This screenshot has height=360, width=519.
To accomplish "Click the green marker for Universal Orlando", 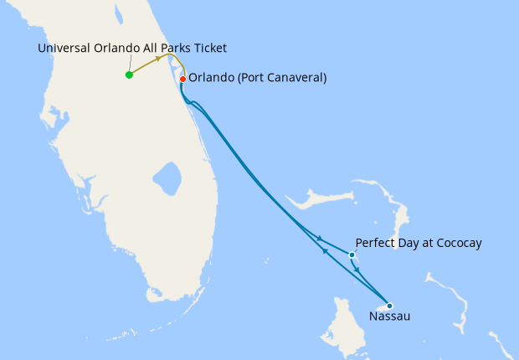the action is [x=129, y=75].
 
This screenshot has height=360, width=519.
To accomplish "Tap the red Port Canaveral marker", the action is [x=183, y=79].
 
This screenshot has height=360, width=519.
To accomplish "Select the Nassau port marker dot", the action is [x=389, y=306].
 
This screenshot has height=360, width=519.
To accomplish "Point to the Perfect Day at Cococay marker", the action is [x=352, y=255].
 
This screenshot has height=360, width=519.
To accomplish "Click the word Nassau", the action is [x=389, y=316].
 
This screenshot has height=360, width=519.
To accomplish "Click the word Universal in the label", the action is [x=65, y=48].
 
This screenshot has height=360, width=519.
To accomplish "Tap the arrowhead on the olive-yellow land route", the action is [x=159, y=59].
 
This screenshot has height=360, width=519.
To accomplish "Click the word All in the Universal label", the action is [x=142, y=48].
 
